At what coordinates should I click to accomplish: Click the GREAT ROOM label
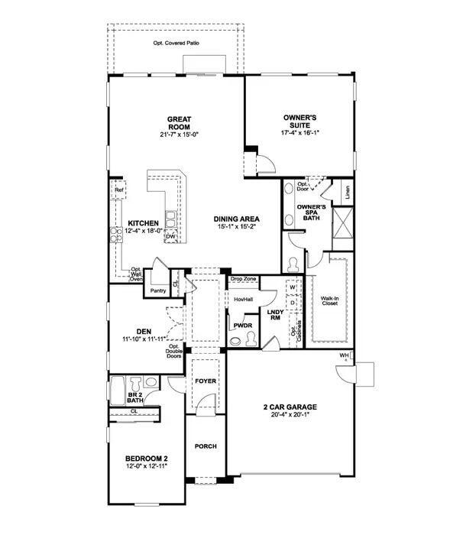(180, 123)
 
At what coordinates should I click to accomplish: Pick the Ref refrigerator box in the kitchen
(118, 190)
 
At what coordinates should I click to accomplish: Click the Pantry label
(158, 290)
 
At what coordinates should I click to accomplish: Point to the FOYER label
(206, 380)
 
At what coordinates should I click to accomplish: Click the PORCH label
(206, 446)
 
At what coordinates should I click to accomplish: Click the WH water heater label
(344, 356)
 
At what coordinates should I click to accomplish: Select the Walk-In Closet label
(330, 301)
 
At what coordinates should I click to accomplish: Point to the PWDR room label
(243, 325)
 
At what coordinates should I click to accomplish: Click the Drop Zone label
(243, 280)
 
